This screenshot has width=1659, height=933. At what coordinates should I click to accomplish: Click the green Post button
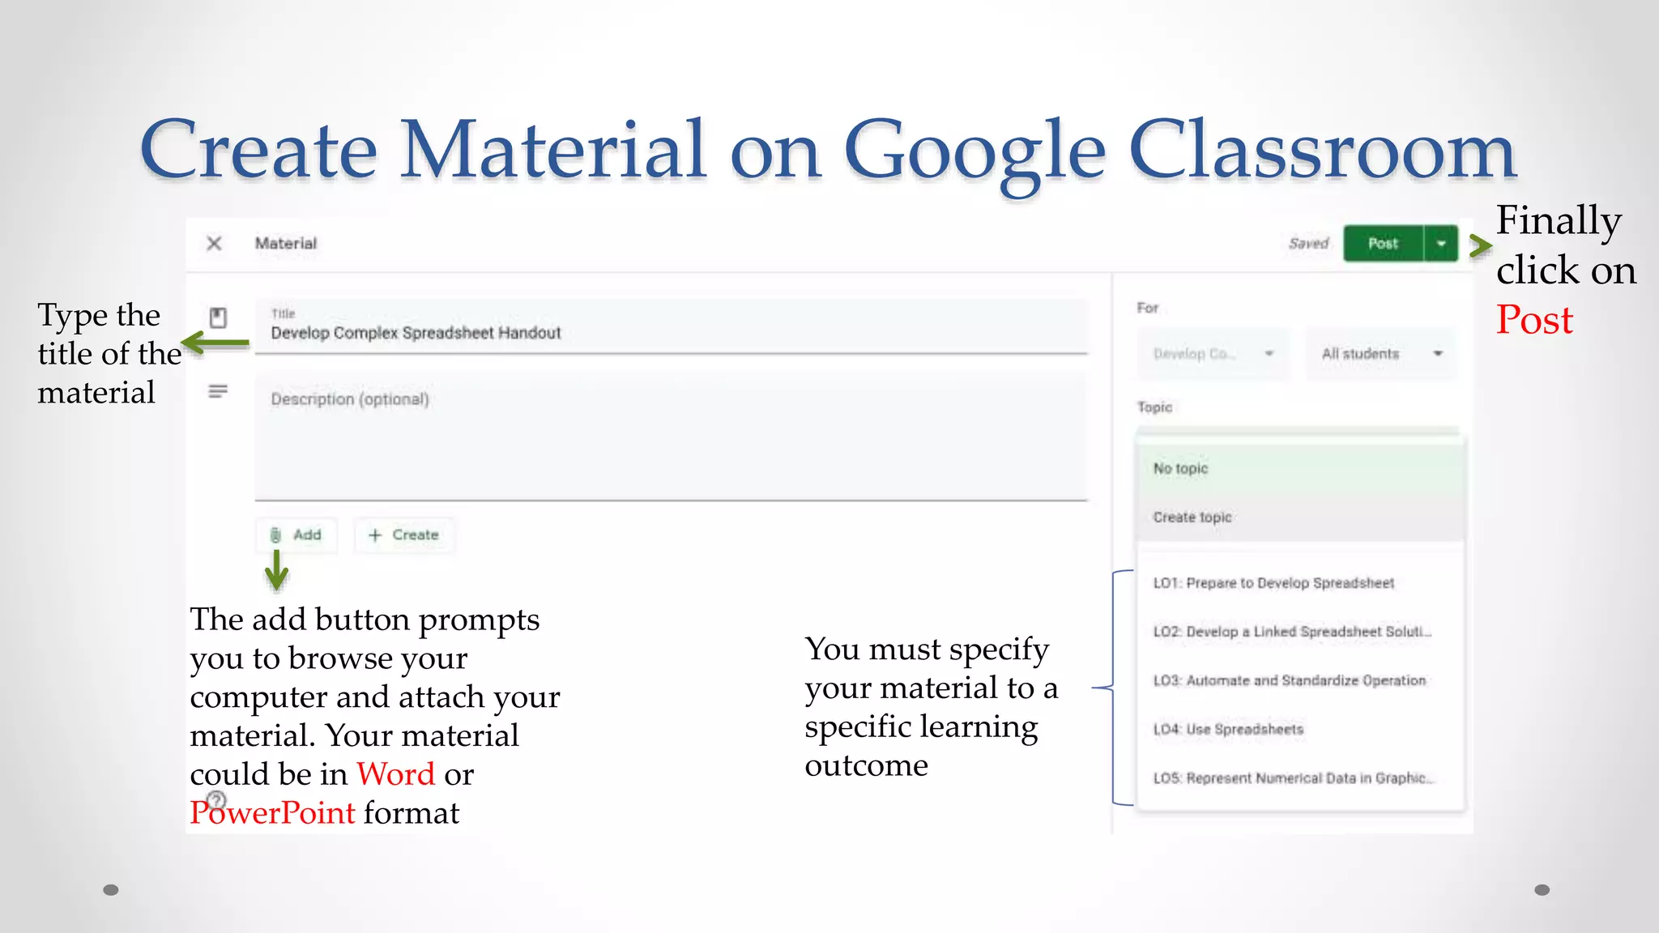[1383, 244]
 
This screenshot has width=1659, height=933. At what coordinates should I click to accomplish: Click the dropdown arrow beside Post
[1441, 244]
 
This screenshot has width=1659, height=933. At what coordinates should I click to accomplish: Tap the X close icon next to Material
[214, 244]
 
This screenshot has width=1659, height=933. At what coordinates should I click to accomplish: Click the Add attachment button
[296, 535]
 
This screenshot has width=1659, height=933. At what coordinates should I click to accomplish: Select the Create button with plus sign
[403, 535]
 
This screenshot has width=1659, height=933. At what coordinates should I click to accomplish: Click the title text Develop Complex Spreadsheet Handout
[416, 333]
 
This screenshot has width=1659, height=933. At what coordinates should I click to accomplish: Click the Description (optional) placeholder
[350, 399]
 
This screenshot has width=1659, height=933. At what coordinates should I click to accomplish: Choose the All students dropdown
[1381, 354]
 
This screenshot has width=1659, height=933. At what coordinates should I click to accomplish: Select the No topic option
[1180, 469]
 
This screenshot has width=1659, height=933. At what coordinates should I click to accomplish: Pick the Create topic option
[1192, 518]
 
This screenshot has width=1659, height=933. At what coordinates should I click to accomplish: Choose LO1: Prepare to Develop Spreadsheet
[1273, 583]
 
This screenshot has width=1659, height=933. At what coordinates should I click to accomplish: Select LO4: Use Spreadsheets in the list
[1228, 730]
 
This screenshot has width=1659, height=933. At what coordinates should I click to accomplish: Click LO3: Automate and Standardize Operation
[1289, 681]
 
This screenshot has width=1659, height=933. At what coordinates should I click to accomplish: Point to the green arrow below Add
[277, 570]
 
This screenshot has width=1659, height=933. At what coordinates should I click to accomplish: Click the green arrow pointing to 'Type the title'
[215, 343]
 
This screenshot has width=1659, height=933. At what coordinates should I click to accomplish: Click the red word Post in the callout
[1534, 320]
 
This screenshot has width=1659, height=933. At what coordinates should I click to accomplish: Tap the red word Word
[396, 774]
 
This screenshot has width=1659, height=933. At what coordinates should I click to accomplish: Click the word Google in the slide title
[975, 150]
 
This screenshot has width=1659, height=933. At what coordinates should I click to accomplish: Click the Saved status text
[1308, 244]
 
